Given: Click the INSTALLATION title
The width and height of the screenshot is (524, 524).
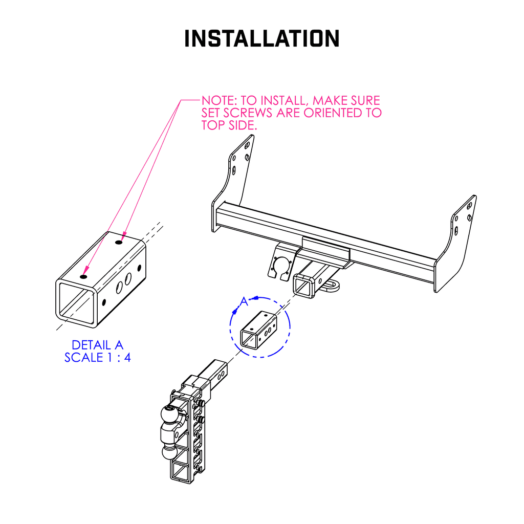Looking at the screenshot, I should tap(261, 39).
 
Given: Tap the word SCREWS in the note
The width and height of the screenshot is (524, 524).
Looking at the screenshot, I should tap(249, 113).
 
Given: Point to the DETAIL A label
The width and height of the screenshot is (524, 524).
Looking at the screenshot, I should tap(97, 345).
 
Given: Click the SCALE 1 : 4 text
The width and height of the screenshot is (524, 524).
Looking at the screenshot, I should tap(97, 358).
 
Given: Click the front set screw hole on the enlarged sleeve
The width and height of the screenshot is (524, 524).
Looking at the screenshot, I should tap(83, 276).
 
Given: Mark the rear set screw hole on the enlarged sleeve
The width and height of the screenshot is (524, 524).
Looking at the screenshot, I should tap(119, 243).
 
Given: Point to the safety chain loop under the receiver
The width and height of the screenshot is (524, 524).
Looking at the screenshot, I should tap(332, 285).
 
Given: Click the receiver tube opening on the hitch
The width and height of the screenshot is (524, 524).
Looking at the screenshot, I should tap(303, 286).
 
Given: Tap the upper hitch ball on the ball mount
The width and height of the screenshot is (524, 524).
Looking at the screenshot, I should tap(170, 413).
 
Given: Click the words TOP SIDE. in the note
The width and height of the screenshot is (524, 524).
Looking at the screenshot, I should tap(228, 126).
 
